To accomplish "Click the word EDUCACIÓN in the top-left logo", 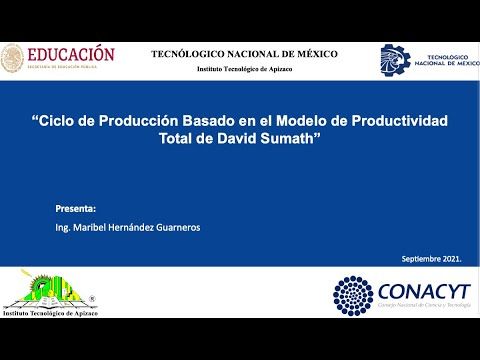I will point(71,54).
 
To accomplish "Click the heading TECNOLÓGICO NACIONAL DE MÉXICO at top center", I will point(244,54).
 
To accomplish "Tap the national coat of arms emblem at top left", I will point(13,58).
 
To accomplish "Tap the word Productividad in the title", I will point(392,120).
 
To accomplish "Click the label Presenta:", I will point(76,209).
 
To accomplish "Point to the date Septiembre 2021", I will point(431,259).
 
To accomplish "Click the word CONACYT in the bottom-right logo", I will point(422,290).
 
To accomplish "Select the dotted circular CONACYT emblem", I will point(353,296).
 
